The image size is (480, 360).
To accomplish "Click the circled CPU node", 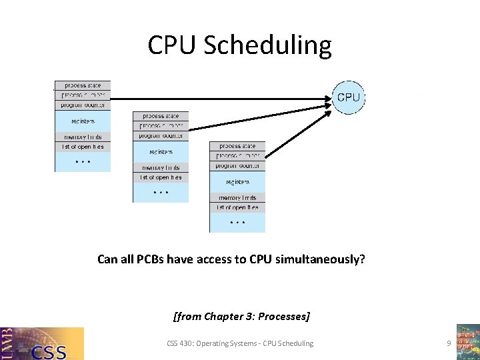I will (348, 97).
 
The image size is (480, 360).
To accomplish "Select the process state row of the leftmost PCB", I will (83, 85).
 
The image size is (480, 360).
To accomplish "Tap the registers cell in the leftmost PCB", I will (83, 121).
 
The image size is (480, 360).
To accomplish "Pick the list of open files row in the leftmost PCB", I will (83, 147).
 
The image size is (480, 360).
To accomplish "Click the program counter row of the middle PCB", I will (161, 136).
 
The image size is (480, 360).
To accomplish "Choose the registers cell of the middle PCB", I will (161, 152).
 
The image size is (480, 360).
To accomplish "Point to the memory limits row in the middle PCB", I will (161, 167).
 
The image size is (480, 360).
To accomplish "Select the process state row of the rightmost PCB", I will (237, 146).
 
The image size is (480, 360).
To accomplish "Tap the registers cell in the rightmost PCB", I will (237, 181).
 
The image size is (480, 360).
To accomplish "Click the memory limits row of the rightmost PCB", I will (237, 198).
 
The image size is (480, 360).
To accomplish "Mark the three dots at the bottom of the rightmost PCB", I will (237, 222).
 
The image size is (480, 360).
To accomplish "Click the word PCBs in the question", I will (144, 259).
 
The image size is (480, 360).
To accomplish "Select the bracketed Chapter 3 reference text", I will (241, 315).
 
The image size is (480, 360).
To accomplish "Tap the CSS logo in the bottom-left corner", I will (42, 343).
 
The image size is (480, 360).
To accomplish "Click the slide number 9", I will (449, 343).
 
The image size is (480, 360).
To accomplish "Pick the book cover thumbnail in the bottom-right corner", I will (467, 341).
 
